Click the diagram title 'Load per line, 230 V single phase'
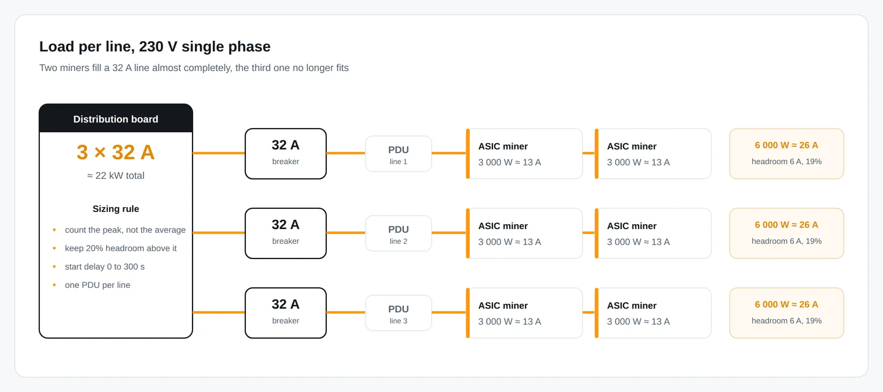coord(155,47)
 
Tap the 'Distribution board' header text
coord(116,119)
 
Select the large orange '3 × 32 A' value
coord(116,152)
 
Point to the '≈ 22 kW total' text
coord(116,176)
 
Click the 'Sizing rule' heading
coord(116,209)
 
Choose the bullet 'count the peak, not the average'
coord(125,230)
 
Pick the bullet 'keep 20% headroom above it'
coord(121,248)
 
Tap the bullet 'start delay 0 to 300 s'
coord(104,266)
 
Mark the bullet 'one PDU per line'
coord(97,285)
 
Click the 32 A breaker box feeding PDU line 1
coord(286,154)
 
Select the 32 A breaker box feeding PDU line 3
coord(286,313)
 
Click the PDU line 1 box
coord(399,154)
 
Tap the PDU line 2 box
coord(399,233)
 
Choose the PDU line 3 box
coord(399,313)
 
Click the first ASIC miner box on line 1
coord(524,154)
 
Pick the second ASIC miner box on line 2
coord(653,233)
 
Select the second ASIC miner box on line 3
coord(653,313)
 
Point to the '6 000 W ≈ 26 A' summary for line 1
coord(786,145)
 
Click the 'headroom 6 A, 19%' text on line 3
coord(786,321)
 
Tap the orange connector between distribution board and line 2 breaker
coord(219,233)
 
